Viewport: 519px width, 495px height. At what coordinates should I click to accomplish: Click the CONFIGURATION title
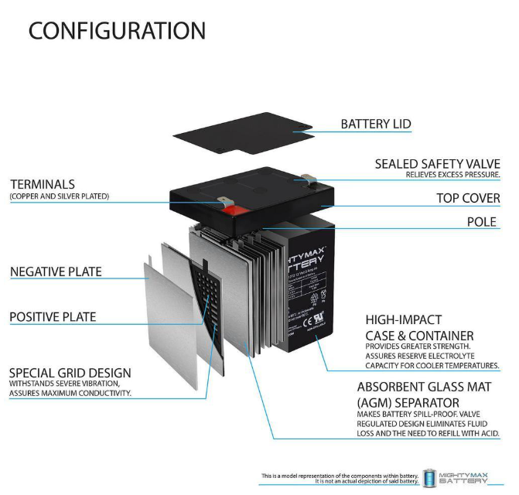117,31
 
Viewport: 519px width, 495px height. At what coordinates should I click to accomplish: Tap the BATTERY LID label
376,124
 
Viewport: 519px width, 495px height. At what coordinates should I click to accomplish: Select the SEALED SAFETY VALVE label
437,164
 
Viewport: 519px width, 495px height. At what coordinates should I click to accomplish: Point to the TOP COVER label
468,198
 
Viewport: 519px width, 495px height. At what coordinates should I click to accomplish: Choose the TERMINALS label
43,184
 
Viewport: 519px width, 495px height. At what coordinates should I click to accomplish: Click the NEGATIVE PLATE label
56,272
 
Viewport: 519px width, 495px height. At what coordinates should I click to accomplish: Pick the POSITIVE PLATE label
53,317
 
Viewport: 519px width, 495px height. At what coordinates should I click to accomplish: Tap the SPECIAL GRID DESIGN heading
70,373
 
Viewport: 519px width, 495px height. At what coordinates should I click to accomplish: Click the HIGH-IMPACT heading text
403,319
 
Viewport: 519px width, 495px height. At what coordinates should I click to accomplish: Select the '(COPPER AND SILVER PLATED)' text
60,197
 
